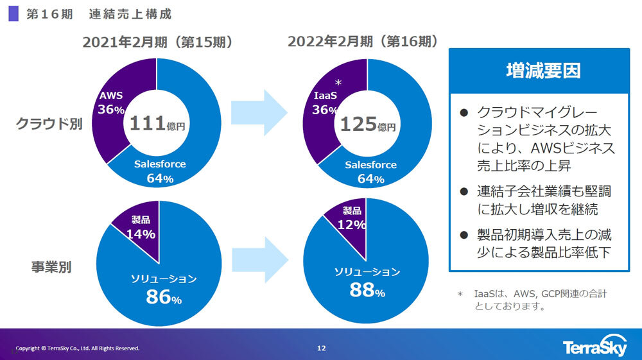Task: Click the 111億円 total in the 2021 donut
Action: coord(157,124)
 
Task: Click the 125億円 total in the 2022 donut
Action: coord(367,124)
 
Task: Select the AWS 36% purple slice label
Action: coord(111,103)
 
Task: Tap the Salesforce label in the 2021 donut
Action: coord(160,164)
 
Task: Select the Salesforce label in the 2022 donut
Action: coord(370,165)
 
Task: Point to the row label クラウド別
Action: coord(49,124)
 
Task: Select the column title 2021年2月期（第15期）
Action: coord(157,42)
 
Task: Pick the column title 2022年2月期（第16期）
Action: coord(363,42)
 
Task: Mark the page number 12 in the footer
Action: coord(322,348)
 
